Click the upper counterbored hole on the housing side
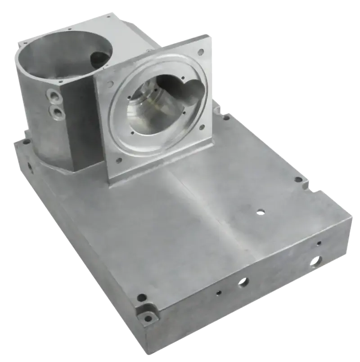tap(55, 96)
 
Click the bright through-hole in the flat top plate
tap(260, 210)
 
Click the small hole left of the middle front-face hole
tap(218, 293)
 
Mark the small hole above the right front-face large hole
tap(319, 243)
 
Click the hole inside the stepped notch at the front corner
tap(148, 317)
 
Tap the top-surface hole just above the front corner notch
tap(142, 297)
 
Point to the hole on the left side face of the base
tap(30, 167)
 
